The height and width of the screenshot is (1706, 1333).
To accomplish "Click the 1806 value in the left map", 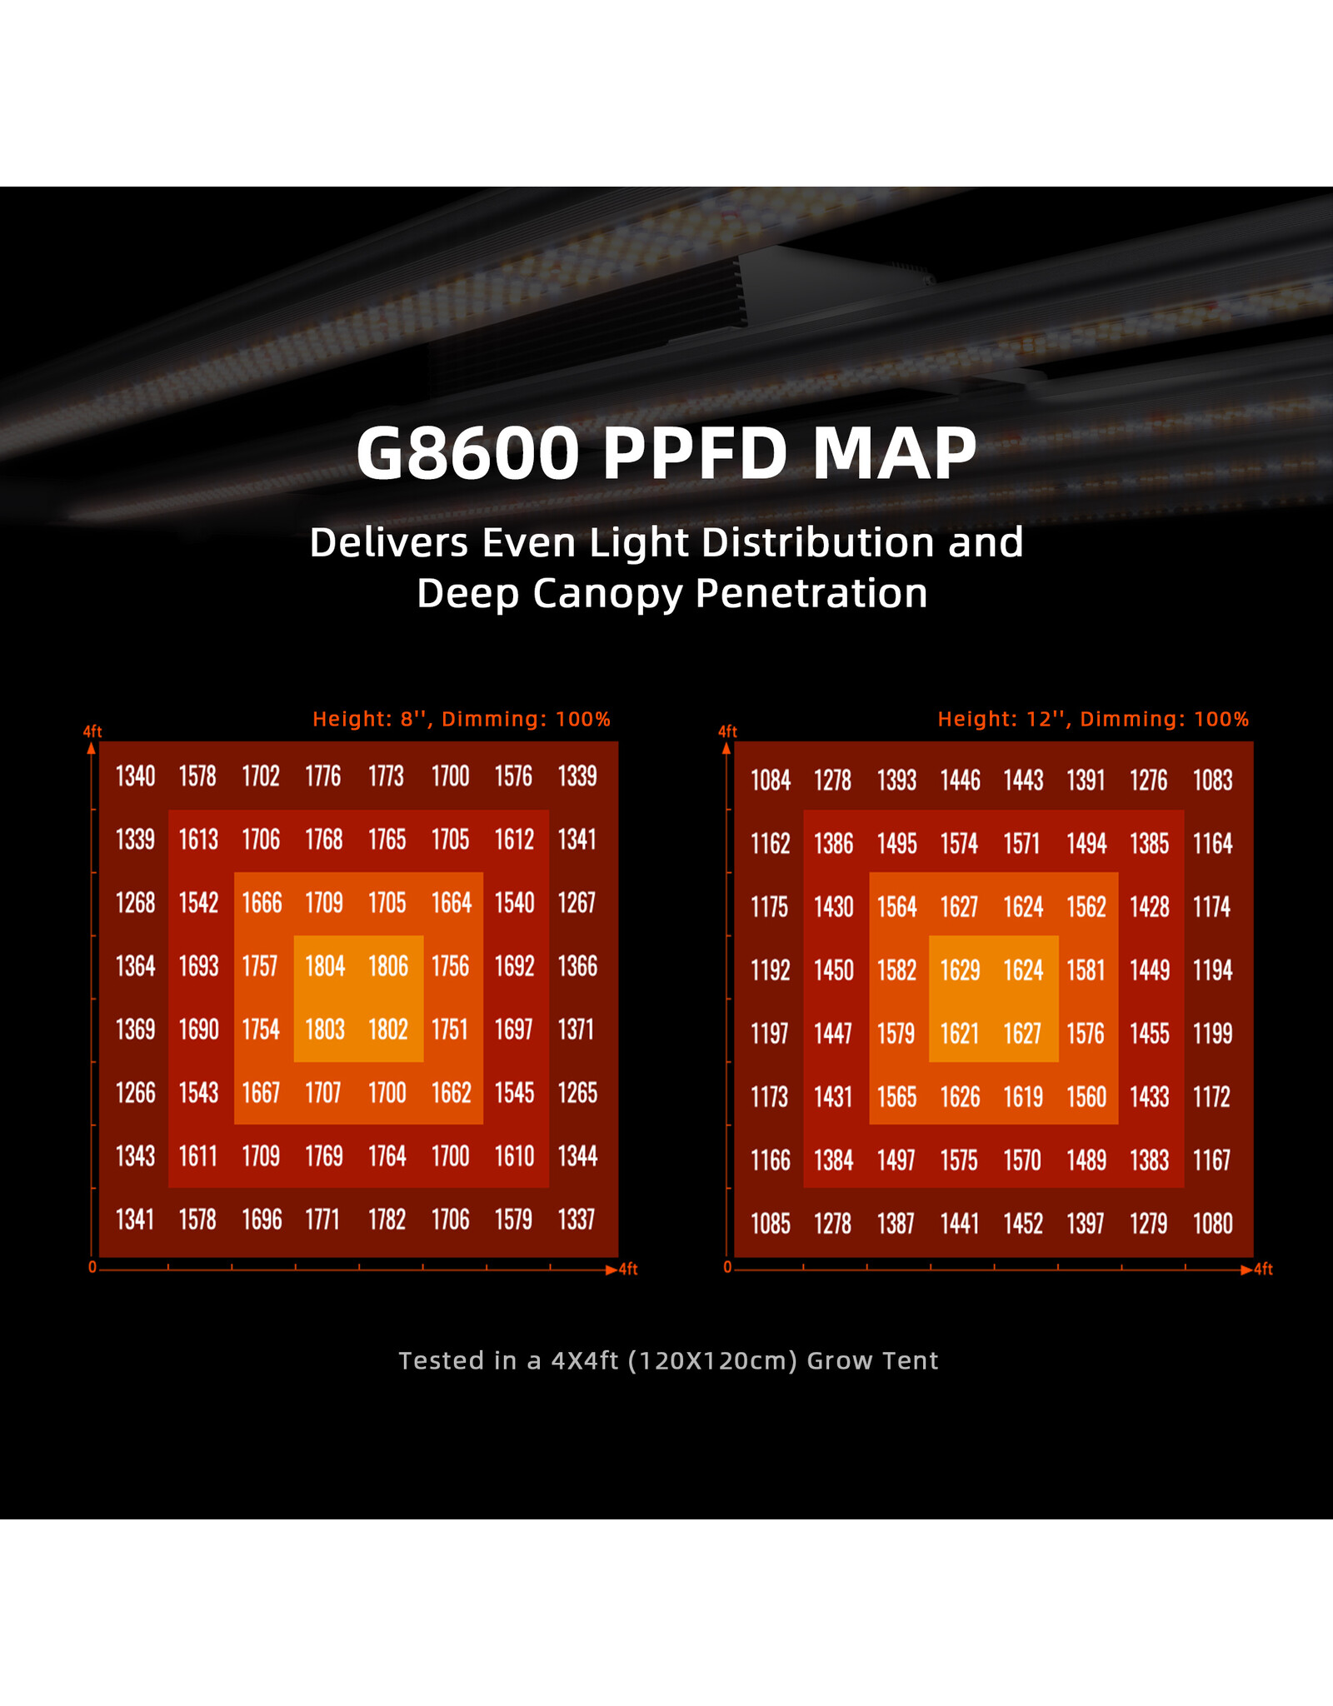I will coord(388,966).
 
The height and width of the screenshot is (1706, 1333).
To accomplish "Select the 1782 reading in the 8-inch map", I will coord(387,1220).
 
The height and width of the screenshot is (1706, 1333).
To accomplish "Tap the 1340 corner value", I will coord(135,776).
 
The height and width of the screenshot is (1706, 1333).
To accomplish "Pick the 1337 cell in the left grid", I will coord(577,1220).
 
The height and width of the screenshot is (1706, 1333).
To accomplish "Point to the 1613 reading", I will coord(198,840).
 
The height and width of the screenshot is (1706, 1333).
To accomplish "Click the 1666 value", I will coord(262,903).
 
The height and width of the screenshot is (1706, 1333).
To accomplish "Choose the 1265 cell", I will coord(577,1093).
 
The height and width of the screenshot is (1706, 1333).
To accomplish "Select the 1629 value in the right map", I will coord(960,970).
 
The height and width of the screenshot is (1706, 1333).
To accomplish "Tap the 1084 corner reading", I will coord(771,781).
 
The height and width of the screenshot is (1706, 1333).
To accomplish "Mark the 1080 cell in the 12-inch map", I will coord(1213,1224).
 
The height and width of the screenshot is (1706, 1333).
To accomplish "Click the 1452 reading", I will coord(1023,1224).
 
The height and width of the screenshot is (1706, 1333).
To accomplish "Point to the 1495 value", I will coord(896,844).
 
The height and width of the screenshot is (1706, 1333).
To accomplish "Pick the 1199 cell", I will coord(1213,1034).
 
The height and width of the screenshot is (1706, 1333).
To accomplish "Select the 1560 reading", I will coord(1086,1097).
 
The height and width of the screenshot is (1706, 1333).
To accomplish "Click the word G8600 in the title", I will coord(467,454).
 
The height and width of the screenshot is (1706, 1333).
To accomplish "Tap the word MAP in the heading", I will coord(894,454).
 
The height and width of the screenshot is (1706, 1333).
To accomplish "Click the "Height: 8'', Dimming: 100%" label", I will coord(462,719).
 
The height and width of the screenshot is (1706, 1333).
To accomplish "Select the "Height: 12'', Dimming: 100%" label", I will coord(1093,719).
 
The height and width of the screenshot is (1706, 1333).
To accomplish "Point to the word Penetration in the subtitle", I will coord(811,594).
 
